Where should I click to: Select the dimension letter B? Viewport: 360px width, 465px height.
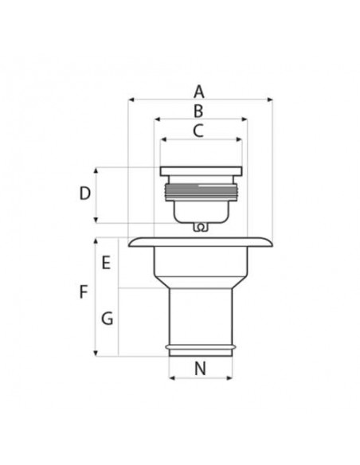199,111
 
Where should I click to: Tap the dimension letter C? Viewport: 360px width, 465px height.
199,131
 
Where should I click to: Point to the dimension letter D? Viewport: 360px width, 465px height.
84,193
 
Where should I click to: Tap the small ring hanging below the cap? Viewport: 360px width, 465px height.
201,228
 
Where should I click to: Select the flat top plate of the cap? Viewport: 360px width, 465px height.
200,171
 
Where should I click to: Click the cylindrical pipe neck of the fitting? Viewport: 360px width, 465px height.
200,315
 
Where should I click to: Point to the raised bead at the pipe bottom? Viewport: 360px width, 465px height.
200,348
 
